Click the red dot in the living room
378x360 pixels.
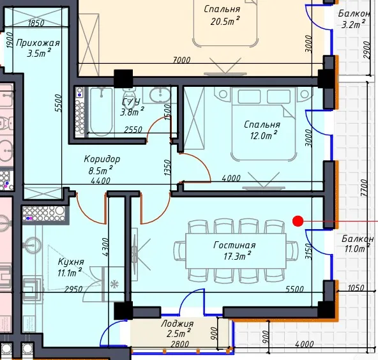(x=298, y=221)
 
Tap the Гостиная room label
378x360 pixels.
(x=234, y=245)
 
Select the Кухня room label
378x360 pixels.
(x=71, y=262)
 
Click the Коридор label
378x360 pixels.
(x=102, y=159)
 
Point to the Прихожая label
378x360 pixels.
(x=38, y=43)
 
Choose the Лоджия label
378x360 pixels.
(x=178, y=324)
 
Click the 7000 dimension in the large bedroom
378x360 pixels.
(x=182, y=60)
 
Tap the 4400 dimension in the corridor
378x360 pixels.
(x=101, y=181)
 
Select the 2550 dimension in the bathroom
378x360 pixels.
(x=133, y=130)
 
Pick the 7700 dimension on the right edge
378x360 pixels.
(x=364, y=188)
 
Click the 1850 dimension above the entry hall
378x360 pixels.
(x=36, y=23)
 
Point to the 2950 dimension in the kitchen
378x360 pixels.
(x=73, y=289)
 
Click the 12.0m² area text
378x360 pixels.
(x=263, y=135)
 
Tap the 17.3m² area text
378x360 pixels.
(x=238, y=256)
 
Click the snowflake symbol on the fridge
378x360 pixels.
(x=114, y=285)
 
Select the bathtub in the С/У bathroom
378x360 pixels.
(x=102, y=111)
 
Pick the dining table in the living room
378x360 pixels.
(x=236, y=251)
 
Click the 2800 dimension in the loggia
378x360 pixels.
(x=179, y=344)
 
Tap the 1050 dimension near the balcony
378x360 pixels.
(x=356, y=288)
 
